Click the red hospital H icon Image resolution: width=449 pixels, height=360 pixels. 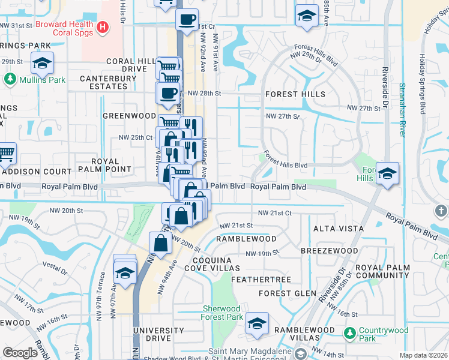(x=103, y=27)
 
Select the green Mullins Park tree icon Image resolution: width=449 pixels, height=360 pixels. (x=10, y=79)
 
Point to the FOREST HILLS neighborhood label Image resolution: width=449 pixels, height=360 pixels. (x=295, y=94)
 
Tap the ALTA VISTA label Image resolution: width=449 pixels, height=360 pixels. (x=338, y=229)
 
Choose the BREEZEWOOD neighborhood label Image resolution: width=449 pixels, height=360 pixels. (x=330, y=250)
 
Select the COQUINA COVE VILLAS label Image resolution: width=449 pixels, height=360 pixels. (x=208, y=264)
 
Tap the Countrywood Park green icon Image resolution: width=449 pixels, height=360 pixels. (x=349, y=332)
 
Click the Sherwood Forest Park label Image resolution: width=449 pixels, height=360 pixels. (x=222, y=313)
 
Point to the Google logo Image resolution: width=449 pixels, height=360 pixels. (x=20, y=353)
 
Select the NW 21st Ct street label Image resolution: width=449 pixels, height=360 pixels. (x=274, y=213)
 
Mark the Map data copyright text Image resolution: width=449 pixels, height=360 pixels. (x=423, y=355)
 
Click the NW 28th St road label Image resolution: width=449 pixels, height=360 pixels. (x=204, y=94)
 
